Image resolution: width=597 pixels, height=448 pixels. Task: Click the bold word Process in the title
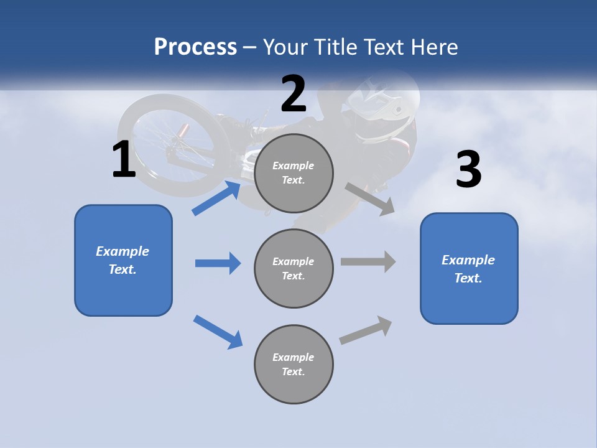(195, 47)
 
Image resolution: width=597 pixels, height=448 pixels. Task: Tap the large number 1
(124, 160)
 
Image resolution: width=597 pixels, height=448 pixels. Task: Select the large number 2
(294, 94)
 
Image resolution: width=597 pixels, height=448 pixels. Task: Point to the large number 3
(468, 170)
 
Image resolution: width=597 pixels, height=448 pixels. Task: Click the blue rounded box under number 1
(123, 260)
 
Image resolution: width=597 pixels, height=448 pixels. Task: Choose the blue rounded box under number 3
(469, 268)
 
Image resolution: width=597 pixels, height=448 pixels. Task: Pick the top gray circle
(294, 173)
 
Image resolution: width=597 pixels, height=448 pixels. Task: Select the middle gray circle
(294, 268)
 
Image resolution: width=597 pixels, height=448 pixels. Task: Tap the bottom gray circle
(294, 364)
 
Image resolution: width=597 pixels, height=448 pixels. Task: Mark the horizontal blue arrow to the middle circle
(218, 263)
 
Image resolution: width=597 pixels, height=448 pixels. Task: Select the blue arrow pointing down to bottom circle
(218, 331)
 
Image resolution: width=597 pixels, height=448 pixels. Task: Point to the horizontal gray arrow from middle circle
(368, 261)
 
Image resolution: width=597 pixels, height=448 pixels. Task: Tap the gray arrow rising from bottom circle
(366, 330)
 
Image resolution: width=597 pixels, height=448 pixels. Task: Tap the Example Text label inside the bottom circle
(294, 364)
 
